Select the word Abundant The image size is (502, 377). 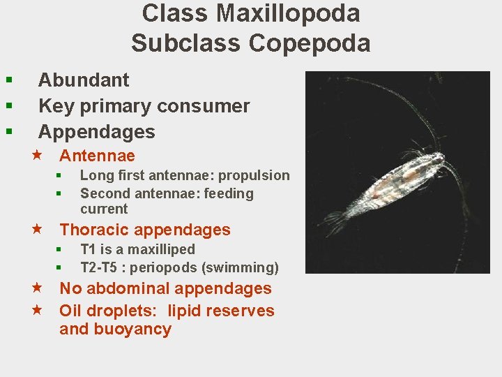coord(84,80)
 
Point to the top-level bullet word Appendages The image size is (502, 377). coord(96,132)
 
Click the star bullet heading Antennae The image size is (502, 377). coord(97,156)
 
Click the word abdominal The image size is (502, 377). coord(132,288)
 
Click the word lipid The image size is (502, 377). coord(183,311)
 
